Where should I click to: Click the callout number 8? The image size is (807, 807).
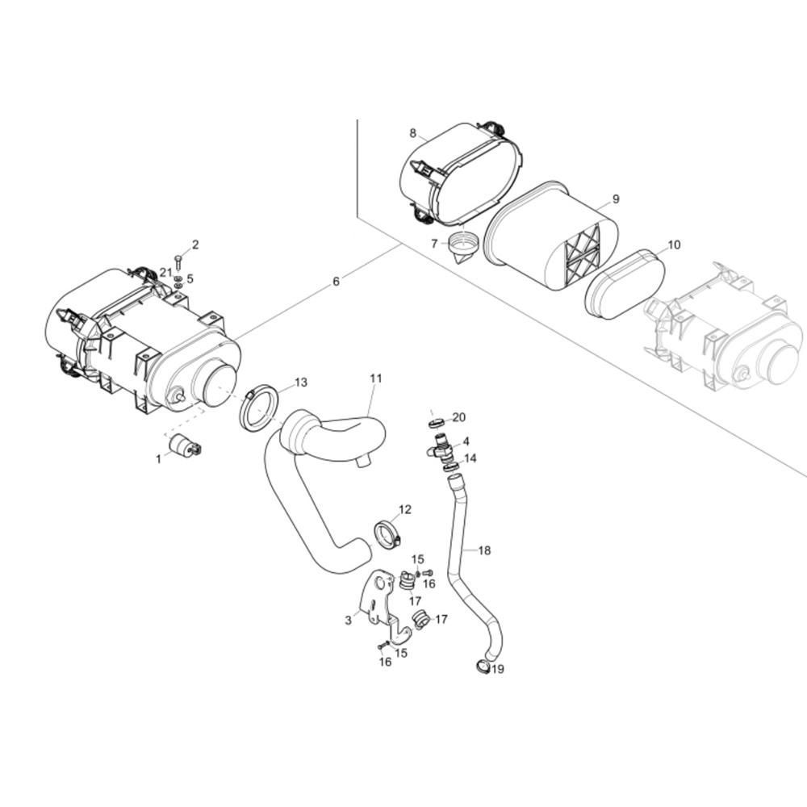point(412,133)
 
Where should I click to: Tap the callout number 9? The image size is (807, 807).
point(616,199)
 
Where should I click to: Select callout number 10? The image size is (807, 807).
point(674,245)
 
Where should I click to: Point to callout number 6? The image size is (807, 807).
point(336,282)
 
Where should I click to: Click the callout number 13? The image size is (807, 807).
point(300,382)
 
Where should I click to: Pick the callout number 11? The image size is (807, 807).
point(376,378)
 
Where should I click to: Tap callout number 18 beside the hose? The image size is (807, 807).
point(484,550)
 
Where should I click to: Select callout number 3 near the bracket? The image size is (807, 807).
point(348,620)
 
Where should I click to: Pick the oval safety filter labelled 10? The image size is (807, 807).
point(624,283)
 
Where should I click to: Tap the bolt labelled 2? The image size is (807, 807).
point(178,261)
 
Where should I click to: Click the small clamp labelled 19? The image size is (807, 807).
point(483,666)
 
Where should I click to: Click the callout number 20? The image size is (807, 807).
point(459,417)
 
